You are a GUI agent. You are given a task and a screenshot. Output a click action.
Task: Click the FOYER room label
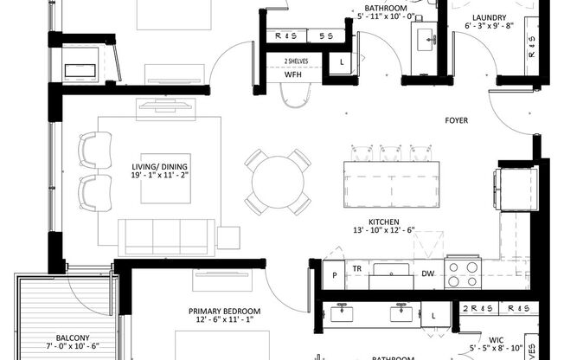(456, 120)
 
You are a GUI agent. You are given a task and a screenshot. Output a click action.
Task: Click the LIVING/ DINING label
(160, 167)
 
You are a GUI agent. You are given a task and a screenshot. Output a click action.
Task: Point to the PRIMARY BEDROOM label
(224, 311)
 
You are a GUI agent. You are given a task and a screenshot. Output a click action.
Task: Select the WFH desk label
(294, 75)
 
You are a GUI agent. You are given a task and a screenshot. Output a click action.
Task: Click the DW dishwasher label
(427, 273)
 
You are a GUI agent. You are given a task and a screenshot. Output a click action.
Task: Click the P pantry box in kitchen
(333, 274)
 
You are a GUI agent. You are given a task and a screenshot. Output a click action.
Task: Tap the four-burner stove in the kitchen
(462, 274)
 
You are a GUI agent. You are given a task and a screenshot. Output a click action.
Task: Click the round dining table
(277, 182)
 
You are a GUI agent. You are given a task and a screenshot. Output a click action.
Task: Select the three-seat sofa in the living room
(165, 236)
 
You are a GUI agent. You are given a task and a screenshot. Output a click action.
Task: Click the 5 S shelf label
(326, 36)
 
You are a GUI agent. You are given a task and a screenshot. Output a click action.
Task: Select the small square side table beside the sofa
(228, 237)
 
